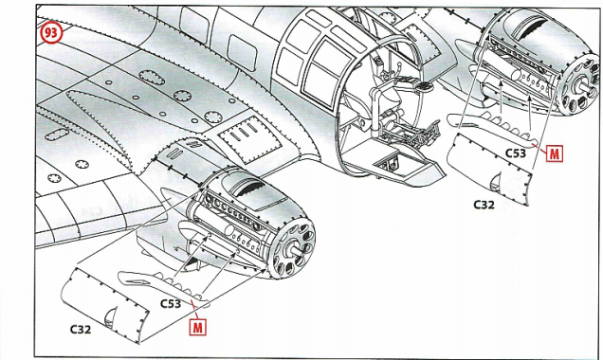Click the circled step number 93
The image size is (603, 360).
click(x=51, y=32)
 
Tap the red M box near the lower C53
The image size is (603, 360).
click(x=197, y=327)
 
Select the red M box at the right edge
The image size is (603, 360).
click(x=554, y=153)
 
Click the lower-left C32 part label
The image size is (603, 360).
click(x=81, y=330)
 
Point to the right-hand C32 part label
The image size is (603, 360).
click(x=484, y=205)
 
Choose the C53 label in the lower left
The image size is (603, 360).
click(x=171, y=303)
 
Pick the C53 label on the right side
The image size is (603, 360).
click(x=516, y=153)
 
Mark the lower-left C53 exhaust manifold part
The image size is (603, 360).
click(x=163, y=286)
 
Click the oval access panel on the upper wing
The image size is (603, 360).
click(x=152, y=78)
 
